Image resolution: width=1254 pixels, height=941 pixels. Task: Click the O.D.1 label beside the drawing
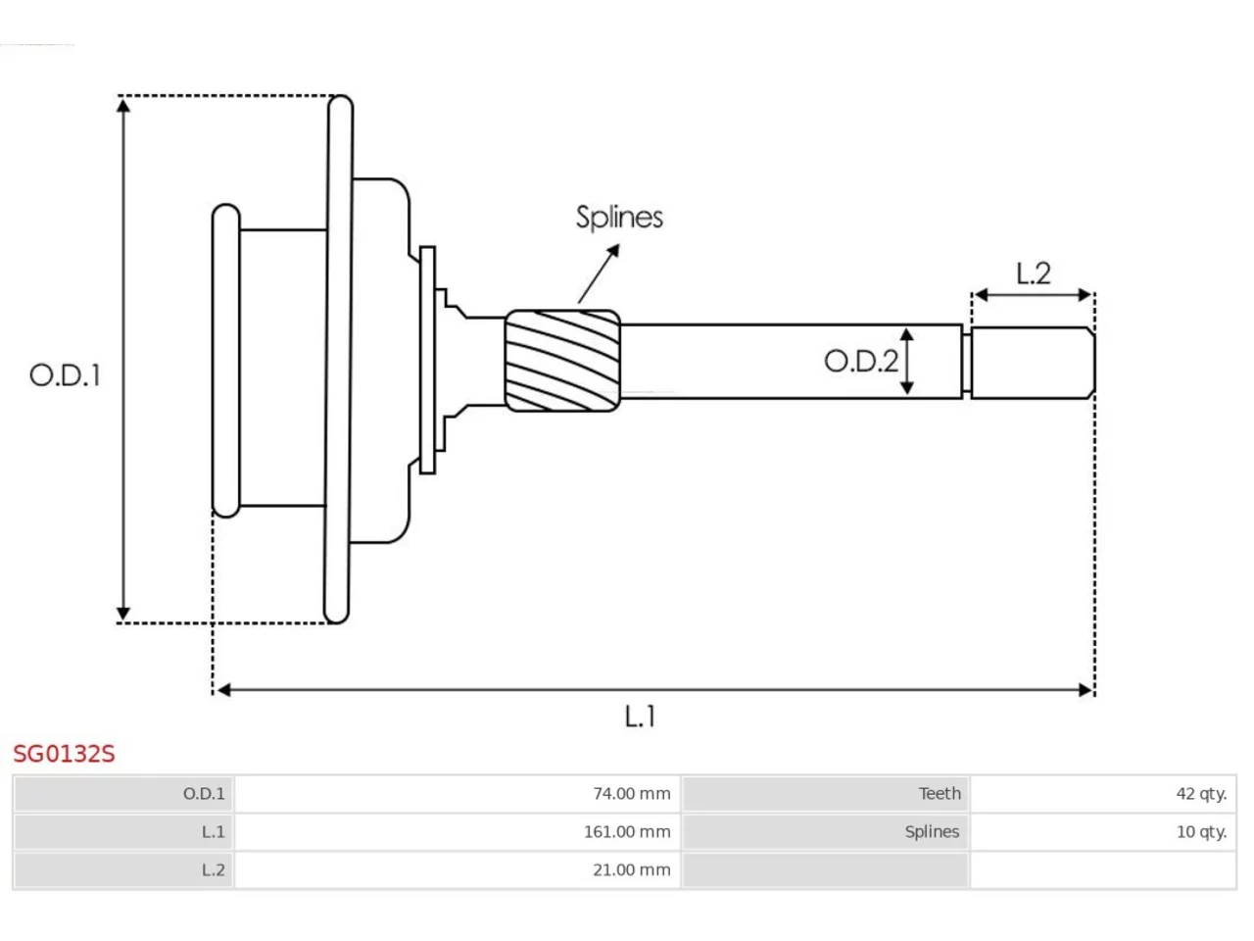[x=65, y=375]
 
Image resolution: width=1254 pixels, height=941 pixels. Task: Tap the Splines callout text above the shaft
[x=619, y=218]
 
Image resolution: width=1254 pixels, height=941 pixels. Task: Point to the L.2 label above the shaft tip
[x=1033, y=273]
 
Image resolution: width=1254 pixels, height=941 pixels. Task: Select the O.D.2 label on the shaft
[x=861, y=362]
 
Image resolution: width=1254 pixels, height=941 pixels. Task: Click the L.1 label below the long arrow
[x=640, y=717]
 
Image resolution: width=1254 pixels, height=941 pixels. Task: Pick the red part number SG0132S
[x=64, y=754]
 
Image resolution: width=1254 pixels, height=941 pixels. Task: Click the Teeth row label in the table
[x=940, y=794]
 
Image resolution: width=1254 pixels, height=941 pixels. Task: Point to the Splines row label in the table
[x=932, y=832]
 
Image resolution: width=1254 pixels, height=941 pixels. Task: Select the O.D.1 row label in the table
[x=204, y=794]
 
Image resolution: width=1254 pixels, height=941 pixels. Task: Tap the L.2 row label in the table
[x=214, y=870]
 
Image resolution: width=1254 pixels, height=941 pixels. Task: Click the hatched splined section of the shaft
[x=562, y=361]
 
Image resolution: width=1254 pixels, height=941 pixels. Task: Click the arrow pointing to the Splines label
[x=599, y=273]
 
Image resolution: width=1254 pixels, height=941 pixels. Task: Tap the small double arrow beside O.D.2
[x=906, y=361]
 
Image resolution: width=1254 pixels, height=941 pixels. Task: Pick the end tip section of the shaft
[x=1033, y=363]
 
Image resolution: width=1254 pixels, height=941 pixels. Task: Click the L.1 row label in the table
[x=214, y=832]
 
